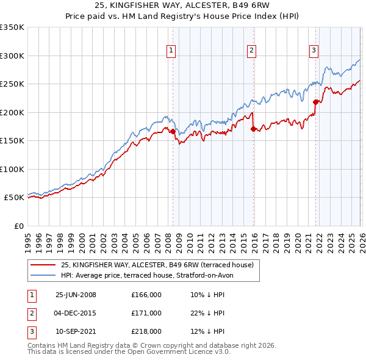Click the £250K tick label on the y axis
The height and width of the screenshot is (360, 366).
click(12, 84)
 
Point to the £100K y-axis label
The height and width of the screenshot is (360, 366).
click(12, 169)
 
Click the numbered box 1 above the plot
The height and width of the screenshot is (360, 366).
click(171, 51)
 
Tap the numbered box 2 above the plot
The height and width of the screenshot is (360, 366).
click(251, 51)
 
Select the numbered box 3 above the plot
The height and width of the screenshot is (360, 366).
click(314, 51)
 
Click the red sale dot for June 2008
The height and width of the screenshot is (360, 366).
click(173, 131)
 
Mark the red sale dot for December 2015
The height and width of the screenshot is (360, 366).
click(253, 128)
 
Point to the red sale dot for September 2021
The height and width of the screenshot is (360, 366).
click(315, 102)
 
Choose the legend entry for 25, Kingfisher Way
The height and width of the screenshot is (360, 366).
click(160, 265)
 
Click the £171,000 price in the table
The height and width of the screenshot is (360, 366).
click(146, 313)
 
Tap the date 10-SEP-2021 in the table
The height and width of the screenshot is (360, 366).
click(76, 331)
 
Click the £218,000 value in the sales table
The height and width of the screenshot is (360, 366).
click(146, 331)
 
